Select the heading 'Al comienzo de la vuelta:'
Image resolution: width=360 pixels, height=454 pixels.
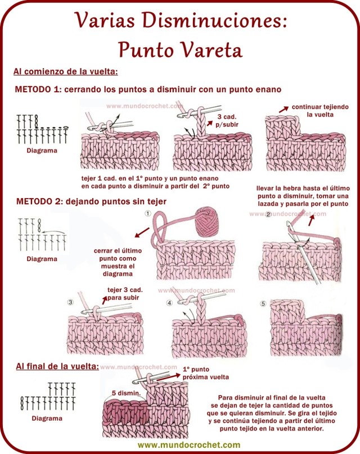(x=65, y=72)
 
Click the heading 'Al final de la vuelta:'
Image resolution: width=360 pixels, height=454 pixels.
(x=57, y=366)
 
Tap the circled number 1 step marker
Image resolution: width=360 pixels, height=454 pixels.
(x=148, y=214)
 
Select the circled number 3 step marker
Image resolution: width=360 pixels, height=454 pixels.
(x=70, y=302)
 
